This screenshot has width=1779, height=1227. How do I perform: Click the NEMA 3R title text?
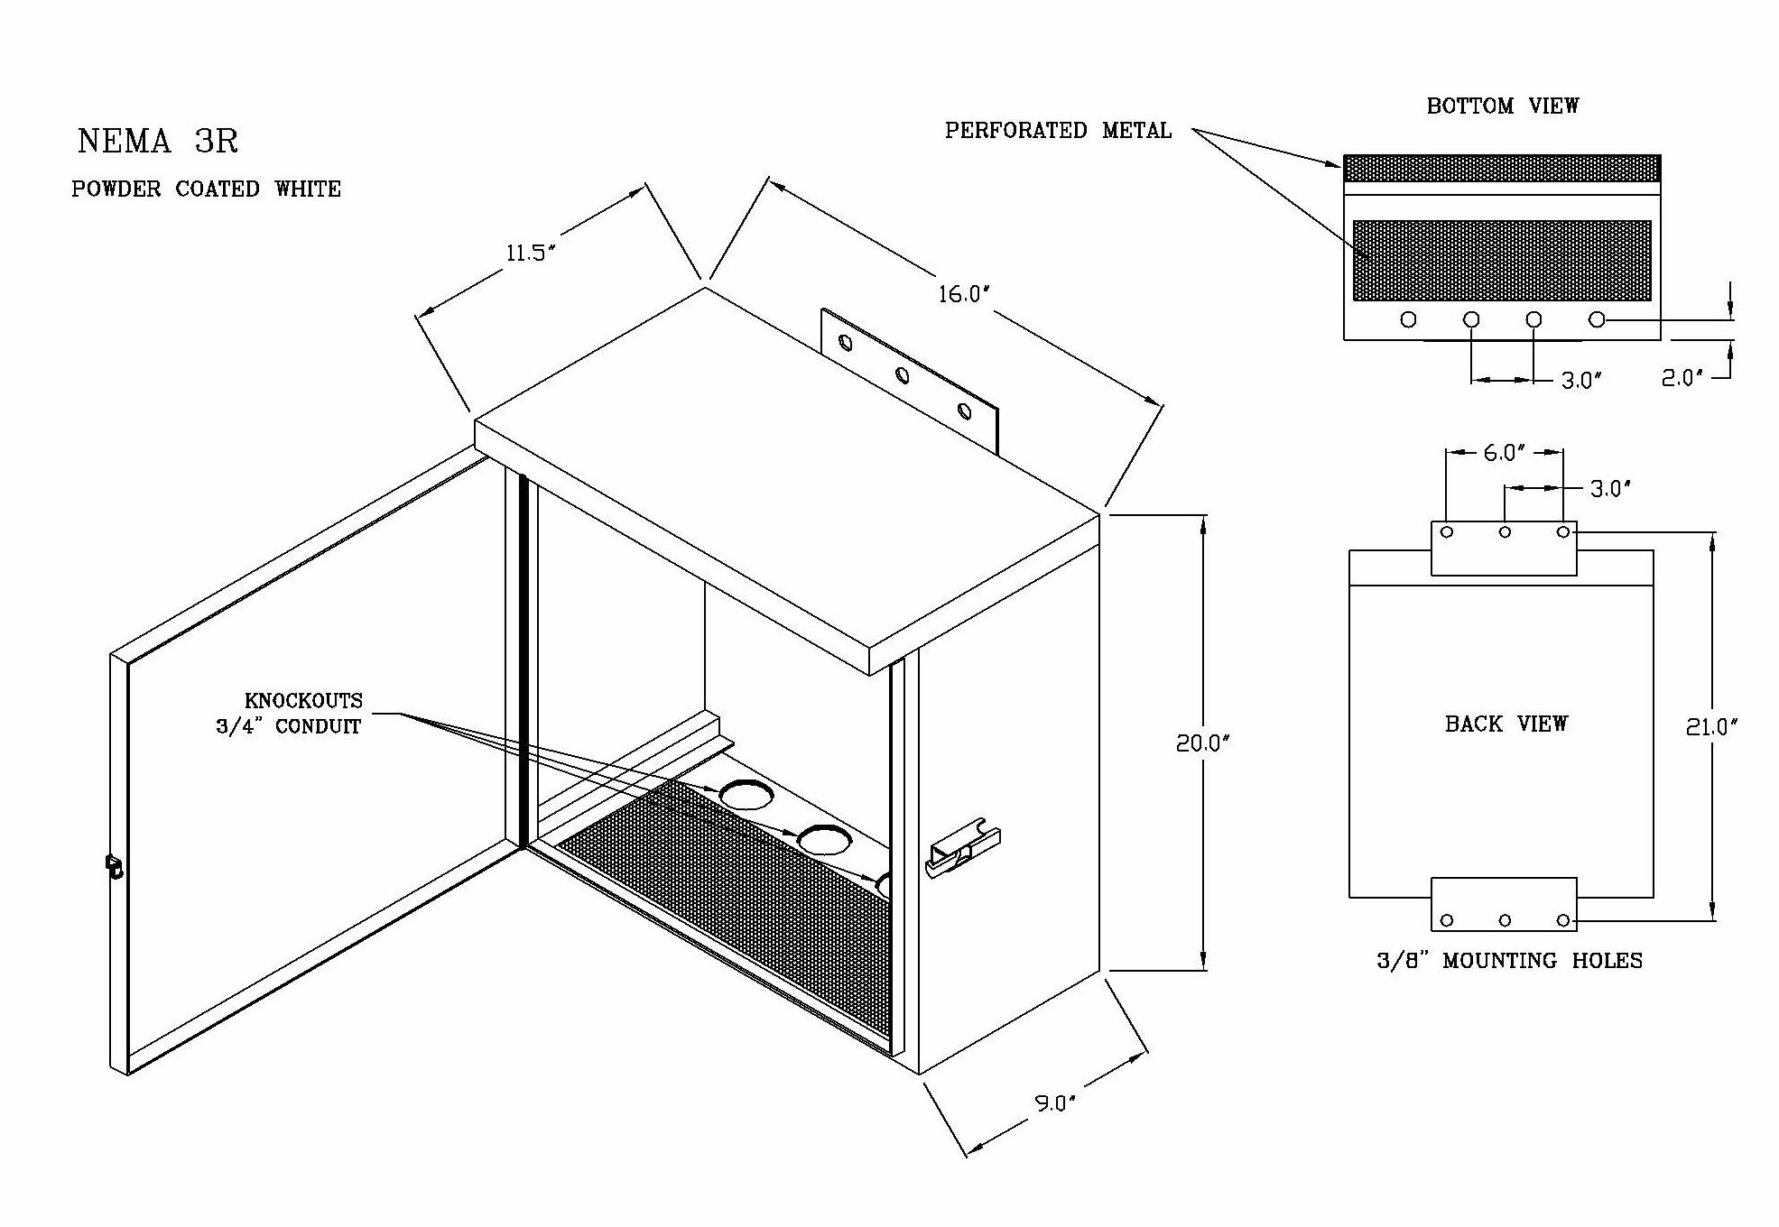click(158, 142)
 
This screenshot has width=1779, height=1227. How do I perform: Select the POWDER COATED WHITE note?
click(206, 189)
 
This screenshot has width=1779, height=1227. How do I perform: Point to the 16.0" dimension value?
click(963, 295)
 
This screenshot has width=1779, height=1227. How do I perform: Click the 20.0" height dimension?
click(1203, 743)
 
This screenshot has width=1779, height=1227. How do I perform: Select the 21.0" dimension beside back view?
click(1711, 727)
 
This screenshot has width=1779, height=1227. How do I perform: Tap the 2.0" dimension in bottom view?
click(1681, 378)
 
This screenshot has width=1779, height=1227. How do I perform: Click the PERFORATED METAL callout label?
click(1057, 132)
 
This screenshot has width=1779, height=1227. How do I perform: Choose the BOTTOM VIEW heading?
click(1502, 106)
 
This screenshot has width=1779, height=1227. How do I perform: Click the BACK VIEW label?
click(1506, 724)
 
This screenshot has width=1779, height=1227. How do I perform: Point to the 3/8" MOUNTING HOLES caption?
click(1509, 961)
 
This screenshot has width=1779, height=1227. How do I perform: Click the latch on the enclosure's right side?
click(962, 849)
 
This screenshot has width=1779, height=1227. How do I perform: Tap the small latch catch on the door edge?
click(115, 866)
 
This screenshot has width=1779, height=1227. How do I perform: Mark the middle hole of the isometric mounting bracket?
click(903, 375)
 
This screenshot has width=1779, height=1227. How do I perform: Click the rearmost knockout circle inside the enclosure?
click(746, 794)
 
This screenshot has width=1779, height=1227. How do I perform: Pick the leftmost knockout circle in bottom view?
click(1408, 319)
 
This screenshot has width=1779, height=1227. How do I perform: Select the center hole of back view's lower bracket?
click(1505, 920)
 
